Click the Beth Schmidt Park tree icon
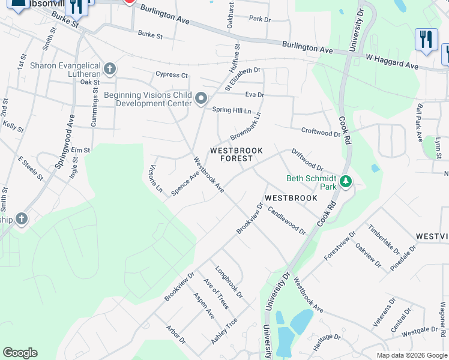click(345, 181)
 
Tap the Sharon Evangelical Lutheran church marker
click(109, 69)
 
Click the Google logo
click(20, 353)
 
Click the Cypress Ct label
click(172, 75)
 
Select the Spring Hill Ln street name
click(232, 110)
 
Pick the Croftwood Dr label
click(320, 132)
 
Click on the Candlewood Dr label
click(287, 220)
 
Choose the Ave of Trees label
click(216, 294)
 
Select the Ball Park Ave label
click(418, 124)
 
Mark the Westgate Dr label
click(420, 331)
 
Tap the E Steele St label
click(31, 169)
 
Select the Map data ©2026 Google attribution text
click(411, 355)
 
